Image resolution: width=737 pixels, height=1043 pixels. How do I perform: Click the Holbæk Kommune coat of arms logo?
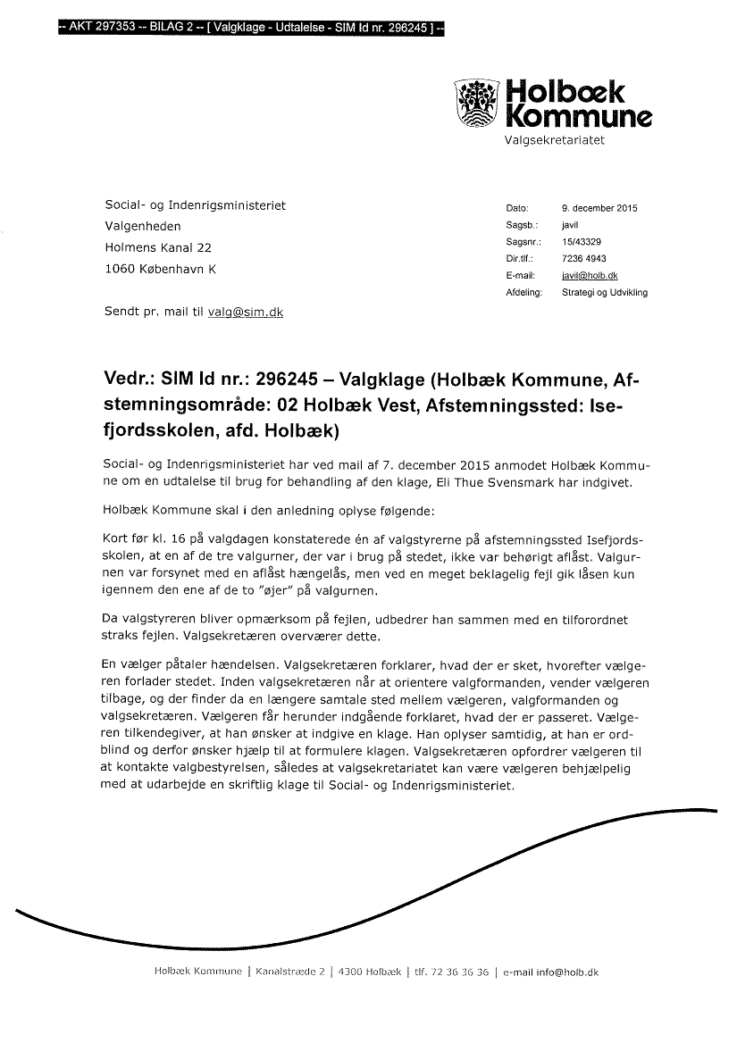pos(477,103)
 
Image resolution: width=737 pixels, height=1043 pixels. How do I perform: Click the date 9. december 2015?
pos(599,209)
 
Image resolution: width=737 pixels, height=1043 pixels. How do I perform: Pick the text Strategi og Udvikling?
pos(604,292)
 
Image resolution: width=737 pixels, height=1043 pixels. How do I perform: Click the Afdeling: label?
pos(524,292)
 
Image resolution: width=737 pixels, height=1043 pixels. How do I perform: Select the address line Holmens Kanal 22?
pos(158,247)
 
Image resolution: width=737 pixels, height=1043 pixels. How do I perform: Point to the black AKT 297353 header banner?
pos(251,29)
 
